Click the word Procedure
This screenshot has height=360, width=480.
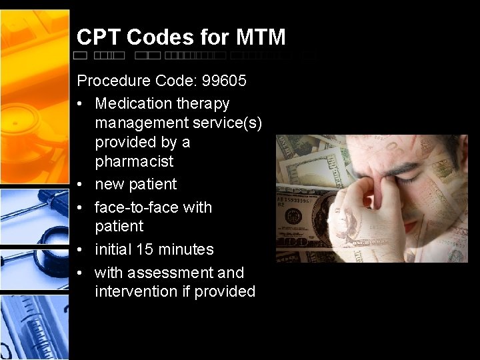(115, 81)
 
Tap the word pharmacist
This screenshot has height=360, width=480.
(134, 161)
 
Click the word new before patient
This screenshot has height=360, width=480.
(109, 184)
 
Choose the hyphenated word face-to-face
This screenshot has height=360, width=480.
(137, 207)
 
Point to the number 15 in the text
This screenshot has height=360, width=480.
(144, 249)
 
